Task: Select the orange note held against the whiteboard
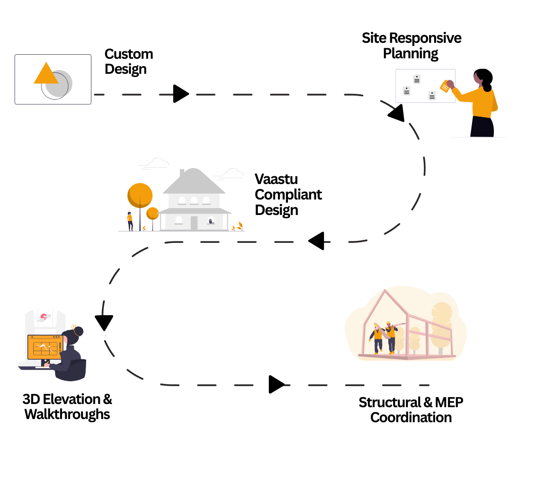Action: tap(445, 86)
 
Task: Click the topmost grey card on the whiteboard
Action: tap(417, 79)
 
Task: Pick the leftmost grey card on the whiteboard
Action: tap(407, 91)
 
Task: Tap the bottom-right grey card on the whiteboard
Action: tap(432, 95)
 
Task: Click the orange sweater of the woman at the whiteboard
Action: tap(482, 102)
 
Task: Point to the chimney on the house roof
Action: tap(182, 173)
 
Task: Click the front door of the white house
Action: tap(194, 223)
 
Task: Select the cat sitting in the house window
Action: tap(210, 221)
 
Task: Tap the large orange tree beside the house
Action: tap(140, 195)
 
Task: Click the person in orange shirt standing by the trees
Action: tap(130, 221)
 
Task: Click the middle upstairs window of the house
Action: tap(194, 200)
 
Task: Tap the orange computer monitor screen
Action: tap(45, 347)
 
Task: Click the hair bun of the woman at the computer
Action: tap(79, 330)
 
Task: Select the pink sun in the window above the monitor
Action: tap(43, 316)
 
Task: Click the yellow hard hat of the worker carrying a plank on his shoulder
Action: tap(388, 323)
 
